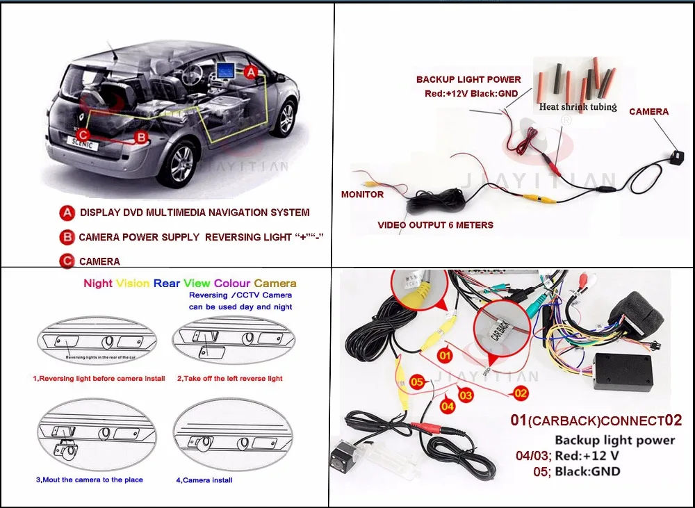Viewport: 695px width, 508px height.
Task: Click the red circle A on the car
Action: [x=251, y=72]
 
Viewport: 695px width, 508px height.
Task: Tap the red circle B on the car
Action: [x=140, y=137]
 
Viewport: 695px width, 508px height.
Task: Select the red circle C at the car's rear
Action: [x=83, y=135]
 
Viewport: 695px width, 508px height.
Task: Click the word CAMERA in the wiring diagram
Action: [x=648, y=111]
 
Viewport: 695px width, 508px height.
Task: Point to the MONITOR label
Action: [x=362, y=195]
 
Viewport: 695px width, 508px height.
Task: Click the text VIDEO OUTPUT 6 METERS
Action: [x=435, y=225]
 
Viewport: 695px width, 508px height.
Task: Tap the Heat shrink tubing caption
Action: [x=578, y=107]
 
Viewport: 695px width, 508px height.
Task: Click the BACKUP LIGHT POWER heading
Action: [x=468, y=80]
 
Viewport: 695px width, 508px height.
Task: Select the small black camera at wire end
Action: [x=673, y=157]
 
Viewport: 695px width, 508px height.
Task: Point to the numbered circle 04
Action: [x=447, y=405]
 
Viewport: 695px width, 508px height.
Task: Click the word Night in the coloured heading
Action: [x=97, y=284]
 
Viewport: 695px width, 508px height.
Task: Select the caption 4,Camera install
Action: [x=204, y=480]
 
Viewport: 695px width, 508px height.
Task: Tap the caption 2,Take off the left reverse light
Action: [x=229, y=379]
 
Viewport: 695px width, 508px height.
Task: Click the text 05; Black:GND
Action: [x=587, y=472]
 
